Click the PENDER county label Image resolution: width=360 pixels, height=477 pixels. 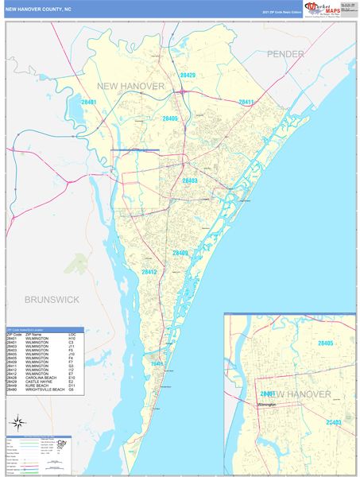[x=285, y=53]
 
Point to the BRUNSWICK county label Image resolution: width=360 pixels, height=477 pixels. [x=52, y=299]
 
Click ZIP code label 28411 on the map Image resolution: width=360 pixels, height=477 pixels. [x=246, y=102]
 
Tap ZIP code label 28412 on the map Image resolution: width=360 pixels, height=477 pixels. [x=149, y=272]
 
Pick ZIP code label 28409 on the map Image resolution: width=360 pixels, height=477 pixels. [x=180, y=253]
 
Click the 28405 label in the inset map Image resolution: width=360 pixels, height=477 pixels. [x=325, y=343]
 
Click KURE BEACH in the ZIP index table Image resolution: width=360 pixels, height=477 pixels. [x=36, y=385]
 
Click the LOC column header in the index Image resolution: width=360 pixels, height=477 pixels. [x=72, y=335]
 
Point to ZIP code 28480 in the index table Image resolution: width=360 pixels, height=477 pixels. [x=12, y=390]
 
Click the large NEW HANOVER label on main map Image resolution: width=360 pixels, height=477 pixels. [x=130, y=85]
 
